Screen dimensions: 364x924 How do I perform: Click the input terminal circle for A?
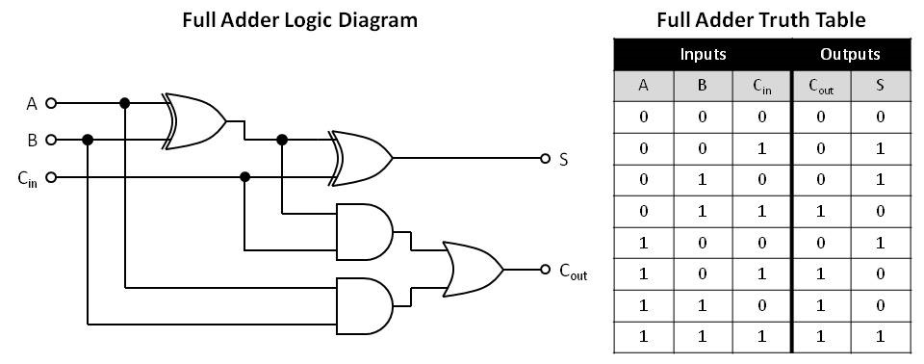[52, 103]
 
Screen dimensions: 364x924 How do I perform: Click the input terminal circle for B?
[52, 140]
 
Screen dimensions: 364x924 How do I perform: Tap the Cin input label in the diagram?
[28, 178]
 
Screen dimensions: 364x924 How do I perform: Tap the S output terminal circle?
[545, 158]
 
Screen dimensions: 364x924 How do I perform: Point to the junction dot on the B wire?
[88, 140]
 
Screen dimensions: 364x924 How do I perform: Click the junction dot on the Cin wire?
[245, 176]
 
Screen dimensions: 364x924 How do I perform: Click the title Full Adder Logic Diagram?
[300, 20]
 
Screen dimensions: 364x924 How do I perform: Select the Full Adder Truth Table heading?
[760, 20]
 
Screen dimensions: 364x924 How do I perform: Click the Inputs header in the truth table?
[703, 54]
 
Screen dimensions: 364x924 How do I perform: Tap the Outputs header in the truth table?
[850, 54]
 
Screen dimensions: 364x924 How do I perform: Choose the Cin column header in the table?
[761, 86]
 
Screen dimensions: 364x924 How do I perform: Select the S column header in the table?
[880, 86]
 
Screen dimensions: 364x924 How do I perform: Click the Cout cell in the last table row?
[820, 337]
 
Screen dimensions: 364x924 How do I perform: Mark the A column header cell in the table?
[643, 86]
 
